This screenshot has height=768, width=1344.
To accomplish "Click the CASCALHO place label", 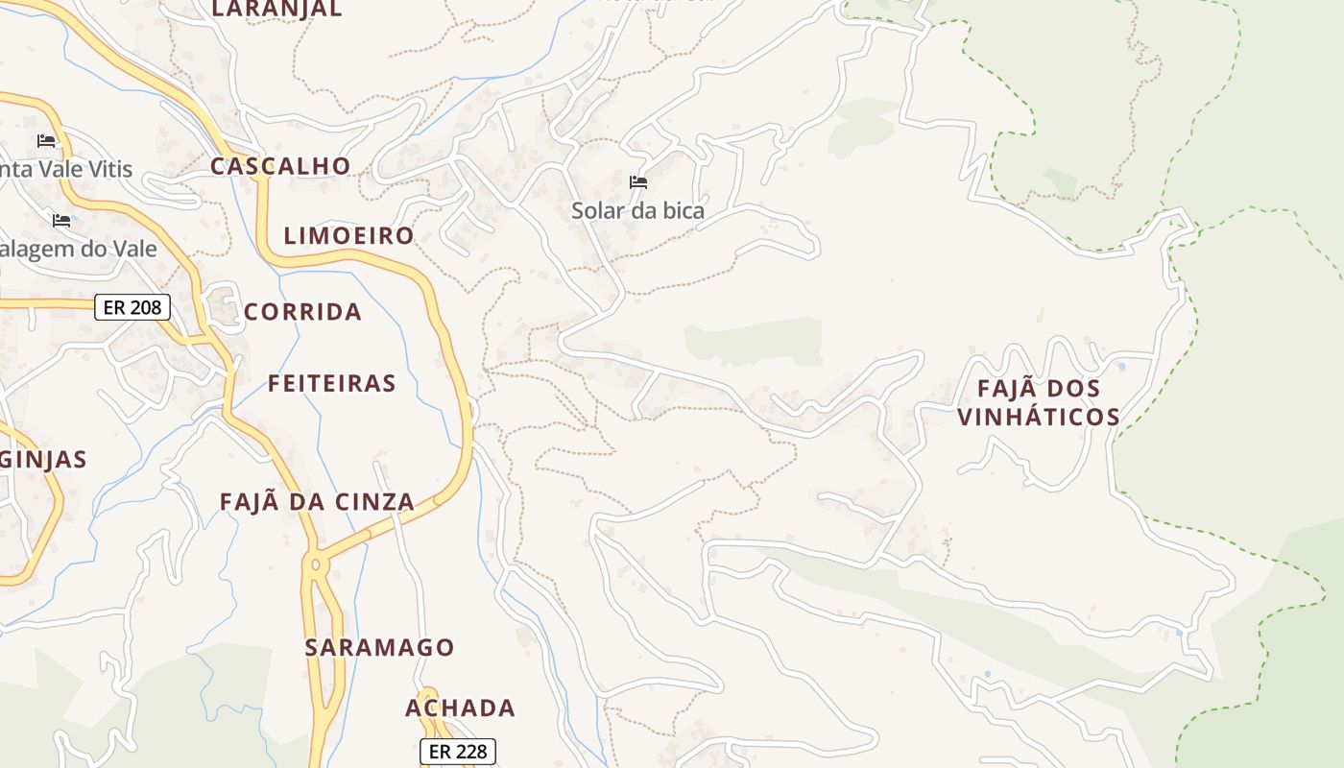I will tap(280, 166).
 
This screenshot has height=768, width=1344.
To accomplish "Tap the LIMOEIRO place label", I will tap(348, 236).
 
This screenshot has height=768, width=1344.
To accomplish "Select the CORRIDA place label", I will tap(302, 312).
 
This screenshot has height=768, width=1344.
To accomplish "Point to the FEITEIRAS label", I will tap(331, 384).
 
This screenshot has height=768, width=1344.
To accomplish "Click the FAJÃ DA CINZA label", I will tap(317, 502).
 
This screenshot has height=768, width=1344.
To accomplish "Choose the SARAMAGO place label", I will tap(379, 648).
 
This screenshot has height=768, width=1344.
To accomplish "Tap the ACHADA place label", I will tap(460, 708).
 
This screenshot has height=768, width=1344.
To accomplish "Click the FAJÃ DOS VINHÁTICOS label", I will tap(1039, 403).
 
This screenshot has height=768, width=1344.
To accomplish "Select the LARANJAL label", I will tap(276, 10).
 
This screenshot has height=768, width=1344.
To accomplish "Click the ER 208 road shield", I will tap(132, 308).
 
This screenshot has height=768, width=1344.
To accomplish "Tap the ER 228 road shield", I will tap(458, 752).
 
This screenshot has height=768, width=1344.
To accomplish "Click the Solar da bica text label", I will tap(638, 211).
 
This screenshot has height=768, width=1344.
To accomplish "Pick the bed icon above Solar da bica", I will tap(638, 182).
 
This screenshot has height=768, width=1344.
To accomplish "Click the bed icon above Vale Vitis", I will tap(46, 141).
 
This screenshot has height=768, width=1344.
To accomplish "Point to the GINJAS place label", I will tap(43, 460).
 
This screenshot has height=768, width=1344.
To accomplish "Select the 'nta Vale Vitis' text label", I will tap(66, 170).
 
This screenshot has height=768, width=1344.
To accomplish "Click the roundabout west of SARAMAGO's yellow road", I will tap(314, 565).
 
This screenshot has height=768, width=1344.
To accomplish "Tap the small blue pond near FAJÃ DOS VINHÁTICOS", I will tap(1122, 367).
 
